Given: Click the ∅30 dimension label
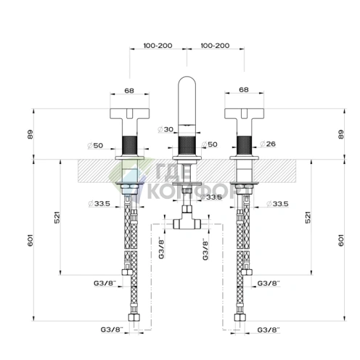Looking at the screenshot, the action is (165, 129).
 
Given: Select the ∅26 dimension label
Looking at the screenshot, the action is (268, 144).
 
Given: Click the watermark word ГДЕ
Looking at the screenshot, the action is (173, 171).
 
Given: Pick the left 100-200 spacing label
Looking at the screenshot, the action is (157, 46).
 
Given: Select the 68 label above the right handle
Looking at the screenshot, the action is (244, 90).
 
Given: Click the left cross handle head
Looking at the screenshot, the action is (130, 114).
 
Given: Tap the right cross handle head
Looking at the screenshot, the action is (244, 114).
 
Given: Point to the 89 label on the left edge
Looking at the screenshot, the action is (30, 134).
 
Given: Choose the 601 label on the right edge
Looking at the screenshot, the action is (340, 240).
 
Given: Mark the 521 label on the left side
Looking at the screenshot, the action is (57, 217).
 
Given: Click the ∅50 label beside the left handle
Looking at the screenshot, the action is (95, 145).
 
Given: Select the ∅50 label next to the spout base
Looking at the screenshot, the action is (210, 144).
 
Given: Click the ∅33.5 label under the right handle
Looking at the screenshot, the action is (277, 204).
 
